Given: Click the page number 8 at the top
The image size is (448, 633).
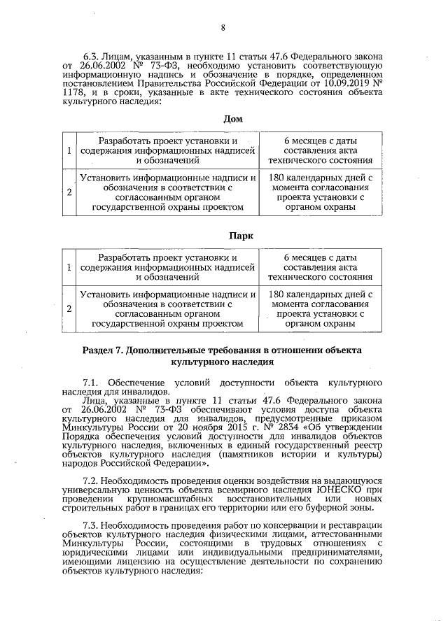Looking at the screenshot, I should tap(223, 28).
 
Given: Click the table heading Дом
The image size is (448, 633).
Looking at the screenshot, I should tap(232, 118).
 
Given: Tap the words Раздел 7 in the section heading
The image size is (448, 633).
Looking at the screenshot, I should tap(103, 348).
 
